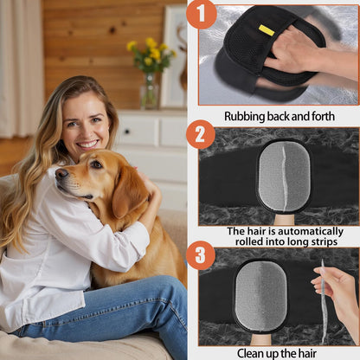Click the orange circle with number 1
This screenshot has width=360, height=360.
click(x=201, y=15)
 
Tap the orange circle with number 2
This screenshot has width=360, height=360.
click(x=201, y=135)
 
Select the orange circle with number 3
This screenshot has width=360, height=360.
click(x=201, y=255)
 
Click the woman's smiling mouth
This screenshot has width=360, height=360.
click(x=88, y=144)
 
